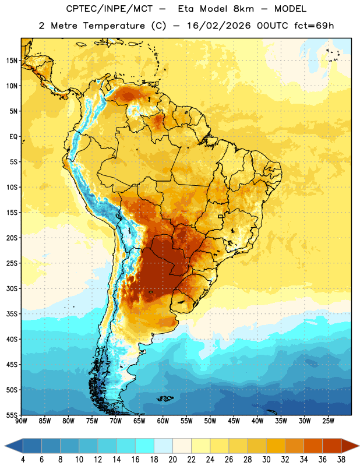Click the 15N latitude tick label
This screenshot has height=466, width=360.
tap(12, 61)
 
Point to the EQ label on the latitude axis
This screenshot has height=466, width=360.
tap(13, 137)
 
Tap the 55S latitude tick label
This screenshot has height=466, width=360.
tap(12, 415)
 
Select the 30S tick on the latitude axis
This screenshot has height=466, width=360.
tap(12, 288)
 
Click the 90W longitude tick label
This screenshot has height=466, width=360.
tap(21, 421)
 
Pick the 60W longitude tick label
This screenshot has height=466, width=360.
tap(163, 421)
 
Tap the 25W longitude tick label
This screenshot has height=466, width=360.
tap(328, 421)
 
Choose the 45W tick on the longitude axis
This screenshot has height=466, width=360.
tap(234, 421)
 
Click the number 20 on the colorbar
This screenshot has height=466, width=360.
tap(172, 460)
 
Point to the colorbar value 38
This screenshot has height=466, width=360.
tap(341, 460)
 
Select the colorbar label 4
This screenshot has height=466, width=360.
tap(23, 460)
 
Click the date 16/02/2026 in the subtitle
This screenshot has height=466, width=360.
tap(219, 26)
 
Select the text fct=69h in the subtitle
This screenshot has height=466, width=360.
tap(314, 26)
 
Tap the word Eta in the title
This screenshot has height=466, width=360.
tap(186, 9)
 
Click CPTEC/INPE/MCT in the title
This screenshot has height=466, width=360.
tap(109, 9)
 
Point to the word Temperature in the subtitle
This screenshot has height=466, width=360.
tap(114, 26)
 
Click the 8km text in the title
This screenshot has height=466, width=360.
tap(243, 9)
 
